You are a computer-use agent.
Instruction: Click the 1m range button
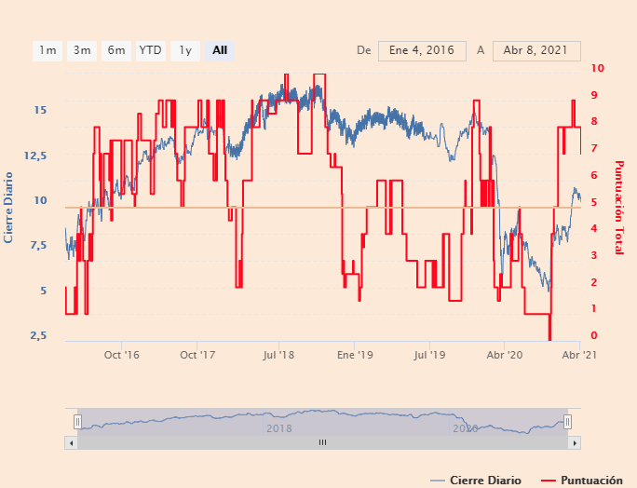click(47, 50)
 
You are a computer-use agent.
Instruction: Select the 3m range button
click(82, 50)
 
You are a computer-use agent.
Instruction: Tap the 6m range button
click(116, 50)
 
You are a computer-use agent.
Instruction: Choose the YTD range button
click(150, 50)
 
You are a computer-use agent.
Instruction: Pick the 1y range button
click(185, 50)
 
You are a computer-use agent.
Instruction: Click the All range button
click(220, 50)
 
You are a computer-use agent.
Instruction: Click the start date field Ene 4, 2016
click(422, 50)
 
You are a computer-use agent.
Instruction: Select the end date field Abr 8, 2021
click(536, 50)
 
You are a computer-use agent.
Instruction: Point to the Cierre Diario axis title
click(9, 206)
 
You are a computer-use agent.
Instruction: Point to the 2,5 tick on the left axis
click(37, 335)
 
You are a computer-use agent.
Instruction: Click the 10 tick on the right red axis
click(597, 68)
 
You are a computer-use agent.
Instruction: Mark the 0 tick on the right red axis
click(593, 335)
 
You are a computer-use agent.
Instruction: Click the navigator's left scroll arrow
click(70, 442)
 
